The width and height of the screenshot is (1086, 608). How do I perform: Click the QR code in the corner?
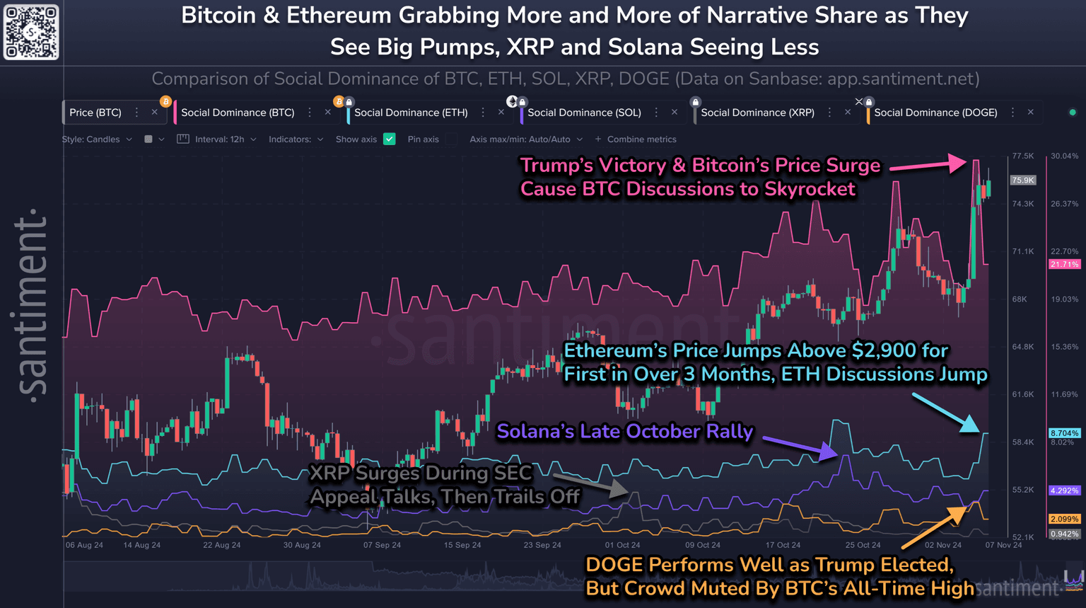click(x=31, y=32)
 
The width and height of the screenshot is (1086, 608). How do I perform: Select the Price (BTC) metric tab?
click(x=95, y=113)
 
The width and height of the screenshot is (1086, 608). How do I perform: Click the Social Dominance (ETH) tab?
click(x=411, y=113)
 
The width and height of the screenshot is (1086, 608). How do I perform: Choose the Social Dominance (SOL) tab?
click(x=584, y=113)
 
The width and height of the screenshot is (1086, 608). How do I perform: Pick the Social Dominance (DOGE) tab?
click(x=935, y=113)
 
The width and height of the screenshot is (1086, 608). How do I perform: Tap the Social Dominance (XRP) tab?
click(x=757, y=113)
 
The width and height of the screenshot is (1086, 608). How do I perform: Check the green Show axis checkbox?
click(x=390, y=139)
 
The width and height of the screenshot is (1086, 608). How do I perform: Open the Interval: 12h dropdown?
click(x=219, y=139)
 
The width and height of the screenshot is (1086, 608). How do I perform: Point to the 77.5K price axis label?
click(x=1023, y=156)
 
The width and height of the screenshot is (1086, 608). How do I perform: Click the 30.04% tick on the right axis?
click(x=1065, y=156)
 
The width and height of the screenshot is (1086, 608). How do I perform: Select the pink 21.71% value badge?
click(x=1064, y=264)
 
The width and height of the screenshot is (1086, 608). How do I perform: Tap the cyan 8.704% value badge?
click(x=1064, y=433)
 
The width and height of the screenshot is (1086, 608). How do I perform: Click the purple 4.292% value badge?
click(x=1064, y=491)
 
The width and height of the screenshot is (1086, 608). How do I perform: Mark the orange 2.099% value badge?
click(x=1064, y=520)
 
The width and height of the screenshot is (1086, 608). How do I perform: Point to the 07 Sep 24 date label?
click(x=382, y=545)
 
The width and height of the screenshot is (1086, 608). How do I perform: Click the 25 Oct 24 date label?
click(x=863, y=545)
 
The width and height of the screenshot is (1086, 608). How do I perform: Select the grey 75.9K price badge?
click(x=1023, y=180)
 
